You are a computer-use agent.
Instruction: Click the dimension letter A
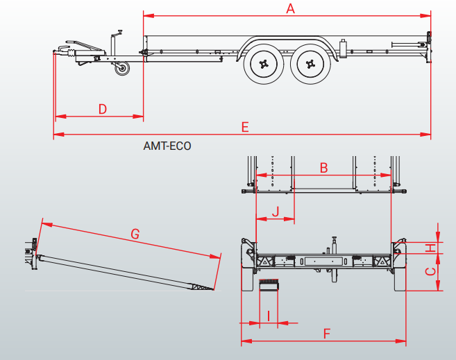tap(290, 8)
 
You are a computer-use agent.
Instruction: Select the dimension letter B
tap(323, 167)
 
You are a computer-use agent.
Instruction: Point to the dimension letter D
tap(102, 109)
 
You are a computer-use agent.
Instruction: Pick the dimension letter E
tap(244, 126)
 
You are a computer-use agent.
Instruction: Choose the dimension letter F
tap(327, 333)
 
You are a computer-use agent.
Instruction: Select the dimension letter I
tap(268, 315)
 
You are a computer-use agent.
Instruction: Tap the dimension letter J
tap(276, 211)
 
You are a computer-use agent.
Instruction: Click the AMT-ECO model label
tap(167, 146)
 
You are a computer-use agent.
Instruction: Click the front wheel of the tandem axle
tap(264, 65)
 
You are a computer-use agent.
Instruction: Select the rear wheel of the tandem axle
tap(309, 65)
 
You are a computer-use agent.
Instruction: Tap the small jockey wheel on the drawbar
tap(124, 69)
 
